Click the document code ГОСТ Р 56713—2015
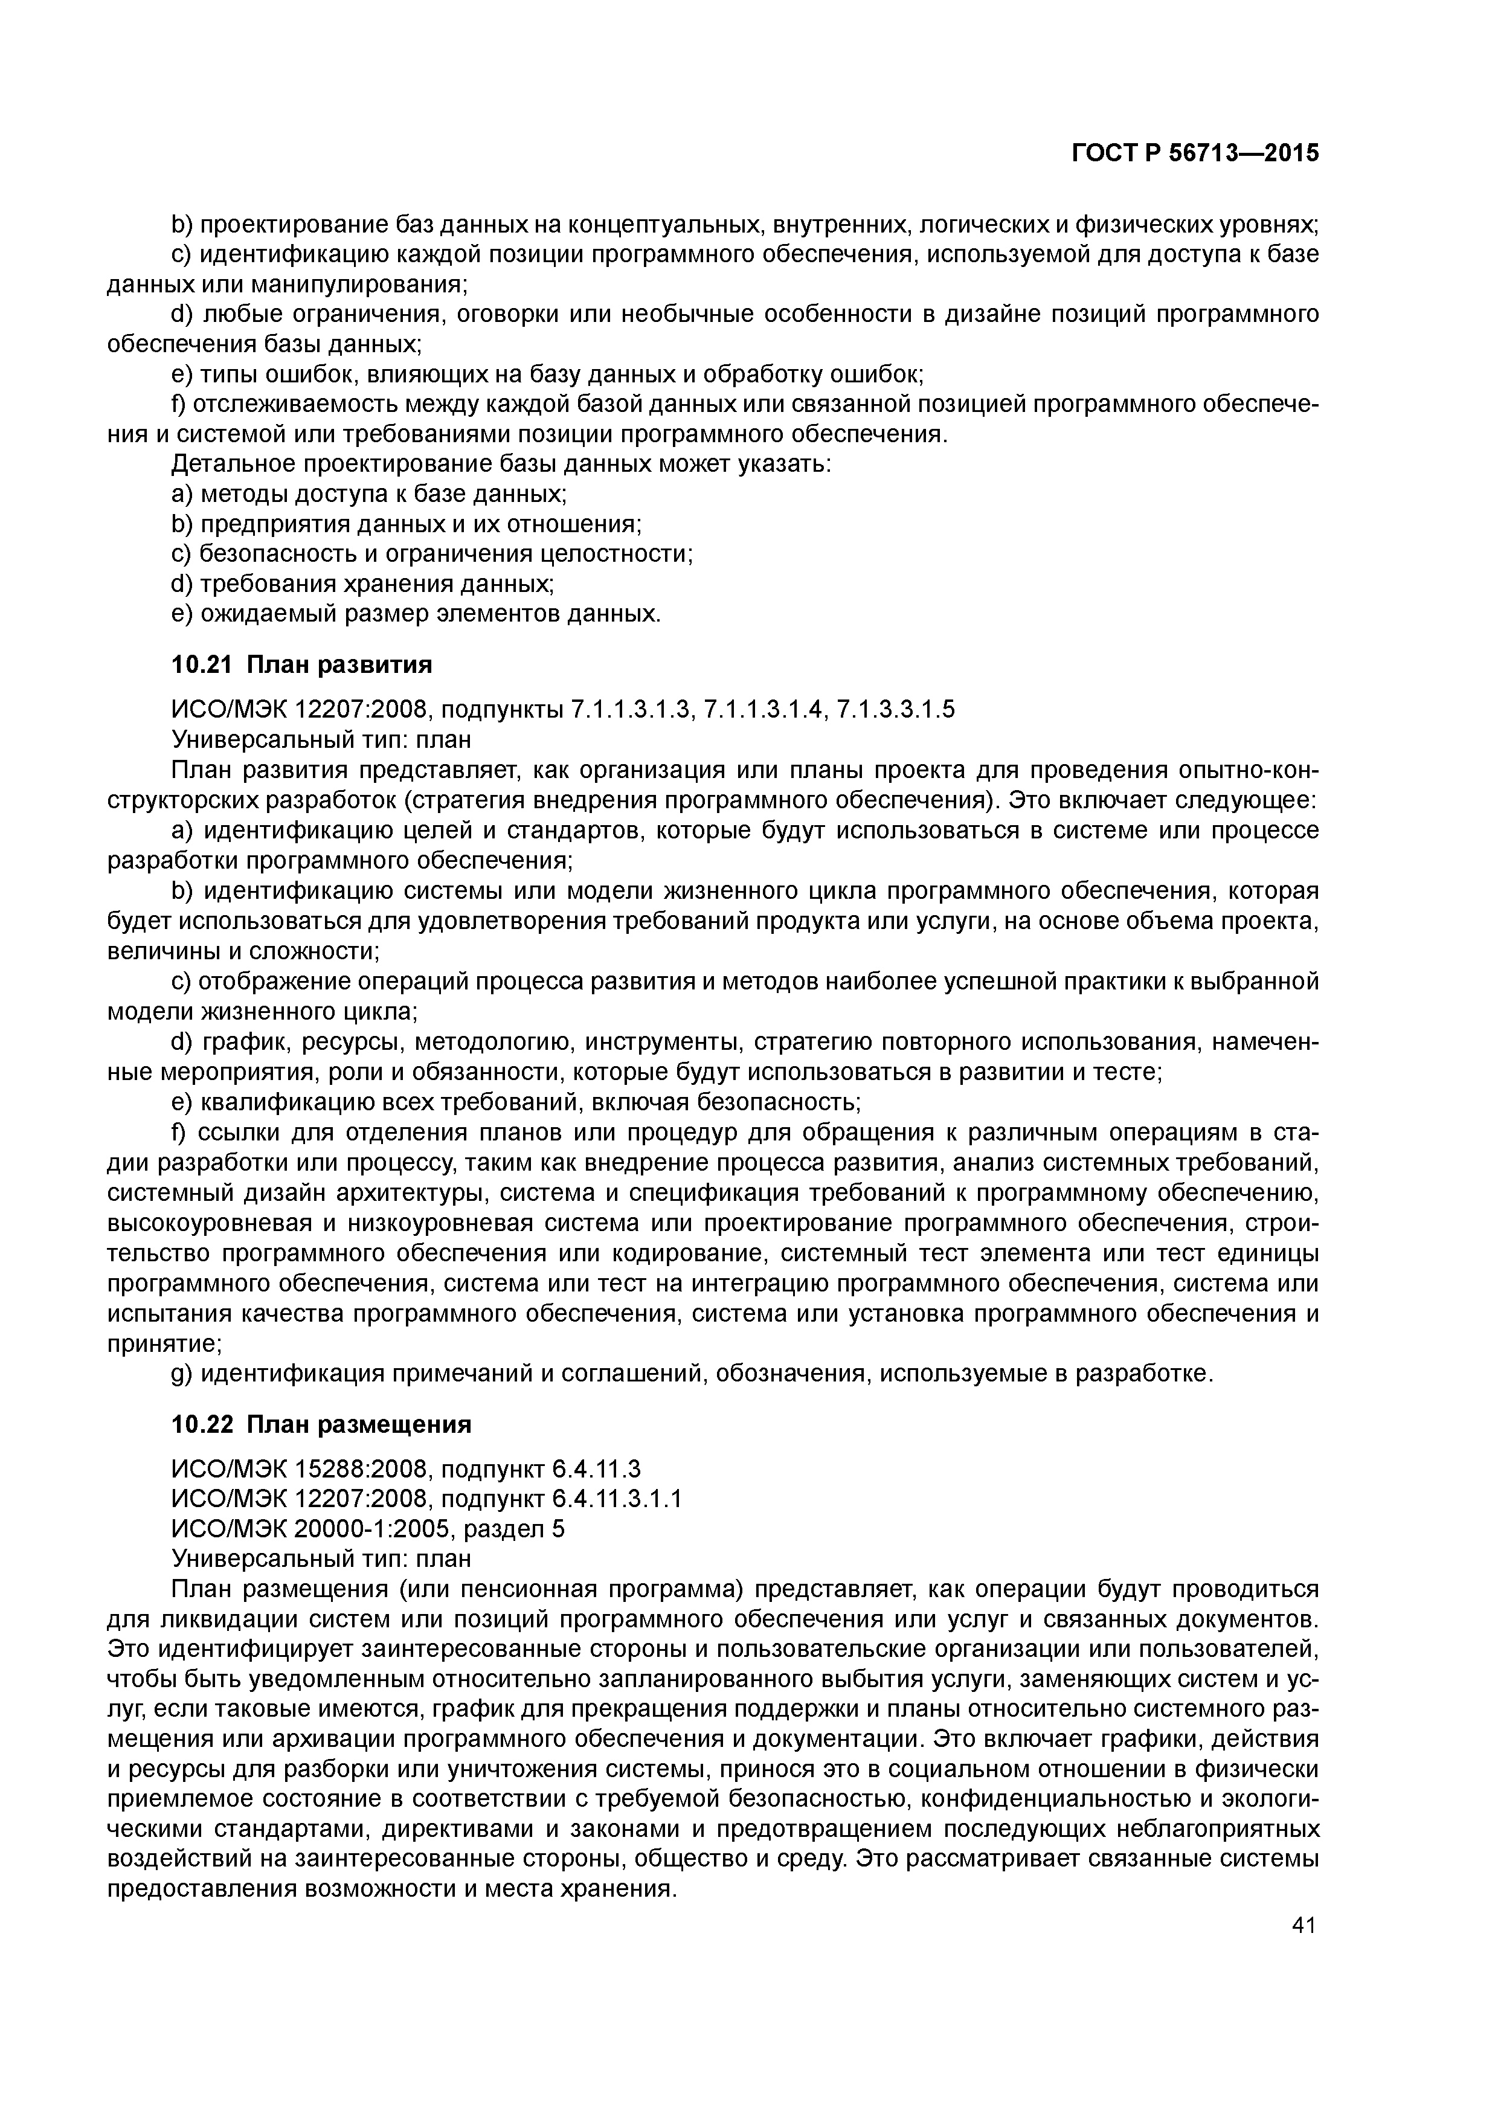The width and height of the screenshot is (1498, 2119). tap(1195, 153)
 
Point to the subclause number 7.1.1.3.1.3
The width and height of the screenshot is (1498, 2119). tap(631, 710)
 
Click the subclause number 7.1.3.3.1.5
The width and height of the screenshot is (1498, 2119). tap(895, 710)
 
